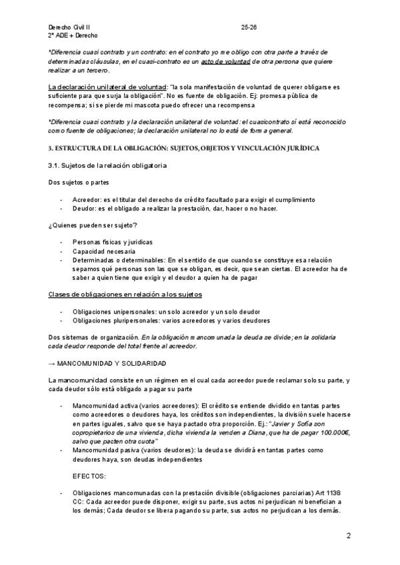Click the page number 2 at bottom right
click(349, 536)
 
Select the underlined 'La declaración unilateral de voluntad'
click(107, 87)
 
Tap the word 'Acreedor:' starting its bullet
click(87, 199)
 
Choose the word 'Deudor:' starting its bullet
click(85, 209)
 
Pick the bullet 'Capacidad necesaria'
click(103, 251)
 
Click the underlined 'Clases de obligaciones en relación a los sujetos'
click(125, 294)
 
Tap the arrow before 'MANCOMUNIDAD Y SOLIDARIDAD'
click(52, 363)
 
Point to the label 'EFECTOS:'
click(91, 476)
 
